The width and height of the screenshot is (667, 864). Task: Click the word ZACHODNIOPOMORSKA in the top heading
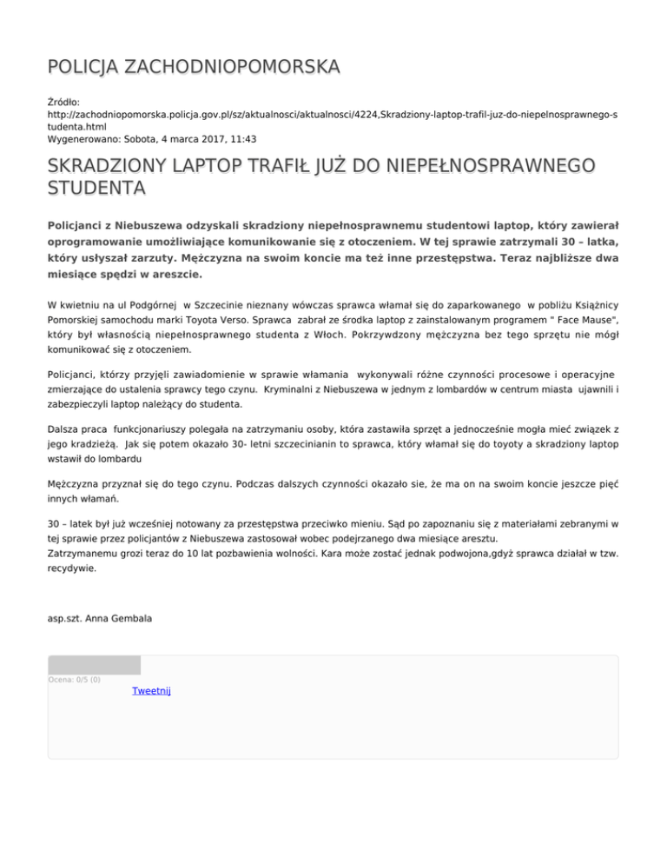click(233, 66)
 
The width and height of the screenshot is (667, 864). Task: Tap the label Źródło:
click(64, 103)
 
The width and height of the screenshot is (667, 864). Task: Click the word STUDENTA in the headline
click(96, 188)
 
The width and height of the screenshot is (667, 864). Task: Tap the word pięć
click(604, 486)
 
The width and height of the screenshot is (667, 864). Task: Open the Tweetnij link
click(152, 691)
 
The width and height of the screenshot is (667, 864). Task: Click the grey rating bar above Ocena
click(94, 665)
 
